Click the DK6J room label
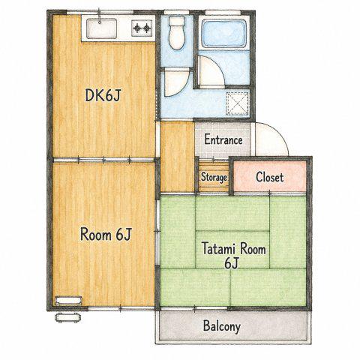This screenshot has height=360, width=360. pyautogui.click(x=103, y=95)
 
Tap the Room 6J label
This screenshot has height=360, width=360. pyautogui.click(x=106, y=235)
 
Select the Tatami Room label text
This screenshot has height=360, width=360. pyautogui.click(x=234, y=249)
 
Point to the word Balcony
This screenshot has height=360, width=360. pyautogui.click(x=222, y=326)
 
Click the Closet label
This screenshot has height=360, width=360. pyautogui.click(x=270, y=177)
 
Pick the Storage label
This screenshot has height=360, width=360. pyautogui.click(x=214, y=177)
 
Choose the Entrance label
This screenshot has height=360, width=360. pyautogui.click(x=223, y=139)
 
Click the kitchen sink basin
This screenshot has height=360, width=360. pyautogui.click(x=101, y=28)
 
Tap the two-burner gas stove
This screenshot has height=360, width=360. pyautogui.click(x=142, y=28)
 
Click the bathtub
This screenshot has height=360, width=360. pyautogui.click(x=224, y=34)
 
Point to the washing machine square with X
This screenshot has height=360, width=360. pyautogui.click(x=238, y=103)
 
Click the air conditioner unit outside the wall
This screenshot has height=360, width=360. pyautogui.click(x=68, y=317)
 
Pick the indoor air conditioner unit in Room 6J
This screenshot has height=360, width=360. pyautogui.click(x=68, y=300)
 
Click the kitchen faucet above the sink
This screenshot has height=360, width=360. pyautogui.click(x=100, y=16)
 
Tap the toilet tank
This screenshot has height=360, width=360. pyautogui.click(x=177, y=21)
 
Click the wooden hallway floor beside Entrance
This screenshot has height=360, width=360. pyautogui.click(x=177, y=157)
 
